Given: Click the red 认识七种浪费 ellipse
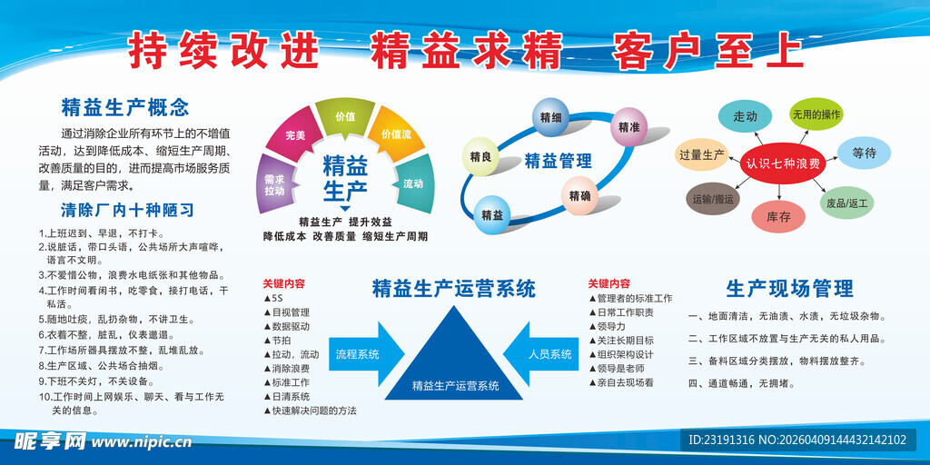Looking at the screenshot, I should click(782, 164).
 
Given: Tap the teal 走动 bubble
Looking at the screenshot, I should click(745, 116).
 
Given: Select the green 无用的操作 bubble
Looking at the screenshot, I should click(816, 114).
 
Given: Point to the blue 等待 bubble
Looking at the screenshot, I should click(864, 153).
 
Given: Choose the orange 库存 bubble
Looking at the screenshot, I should click(778, 217).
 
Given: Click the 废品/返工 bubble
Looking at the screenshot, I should click(846, 203).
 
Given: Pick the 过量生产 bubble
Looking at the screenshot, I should click(701, 155).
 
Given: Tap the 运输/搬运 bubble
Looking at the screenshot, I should click(712, 198).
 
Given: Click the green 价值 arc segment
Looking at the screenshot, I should click(345, 118).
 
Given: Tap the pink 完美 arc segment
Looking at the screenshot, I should click(295, 136).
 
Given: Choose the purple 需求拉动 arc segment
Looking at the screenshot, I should click(275, 184).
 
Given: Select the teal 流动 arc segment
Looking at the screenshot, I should click(414, 183).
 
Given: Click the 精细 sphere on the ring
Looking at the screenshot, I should click(550, 117).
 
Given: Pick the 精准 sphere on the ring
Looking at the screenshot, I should click(628, 127).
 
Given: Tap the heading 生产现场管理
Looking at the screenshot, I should click(789, 289).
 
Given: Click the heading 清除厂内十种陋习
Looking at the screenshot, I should click(127, 210).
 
